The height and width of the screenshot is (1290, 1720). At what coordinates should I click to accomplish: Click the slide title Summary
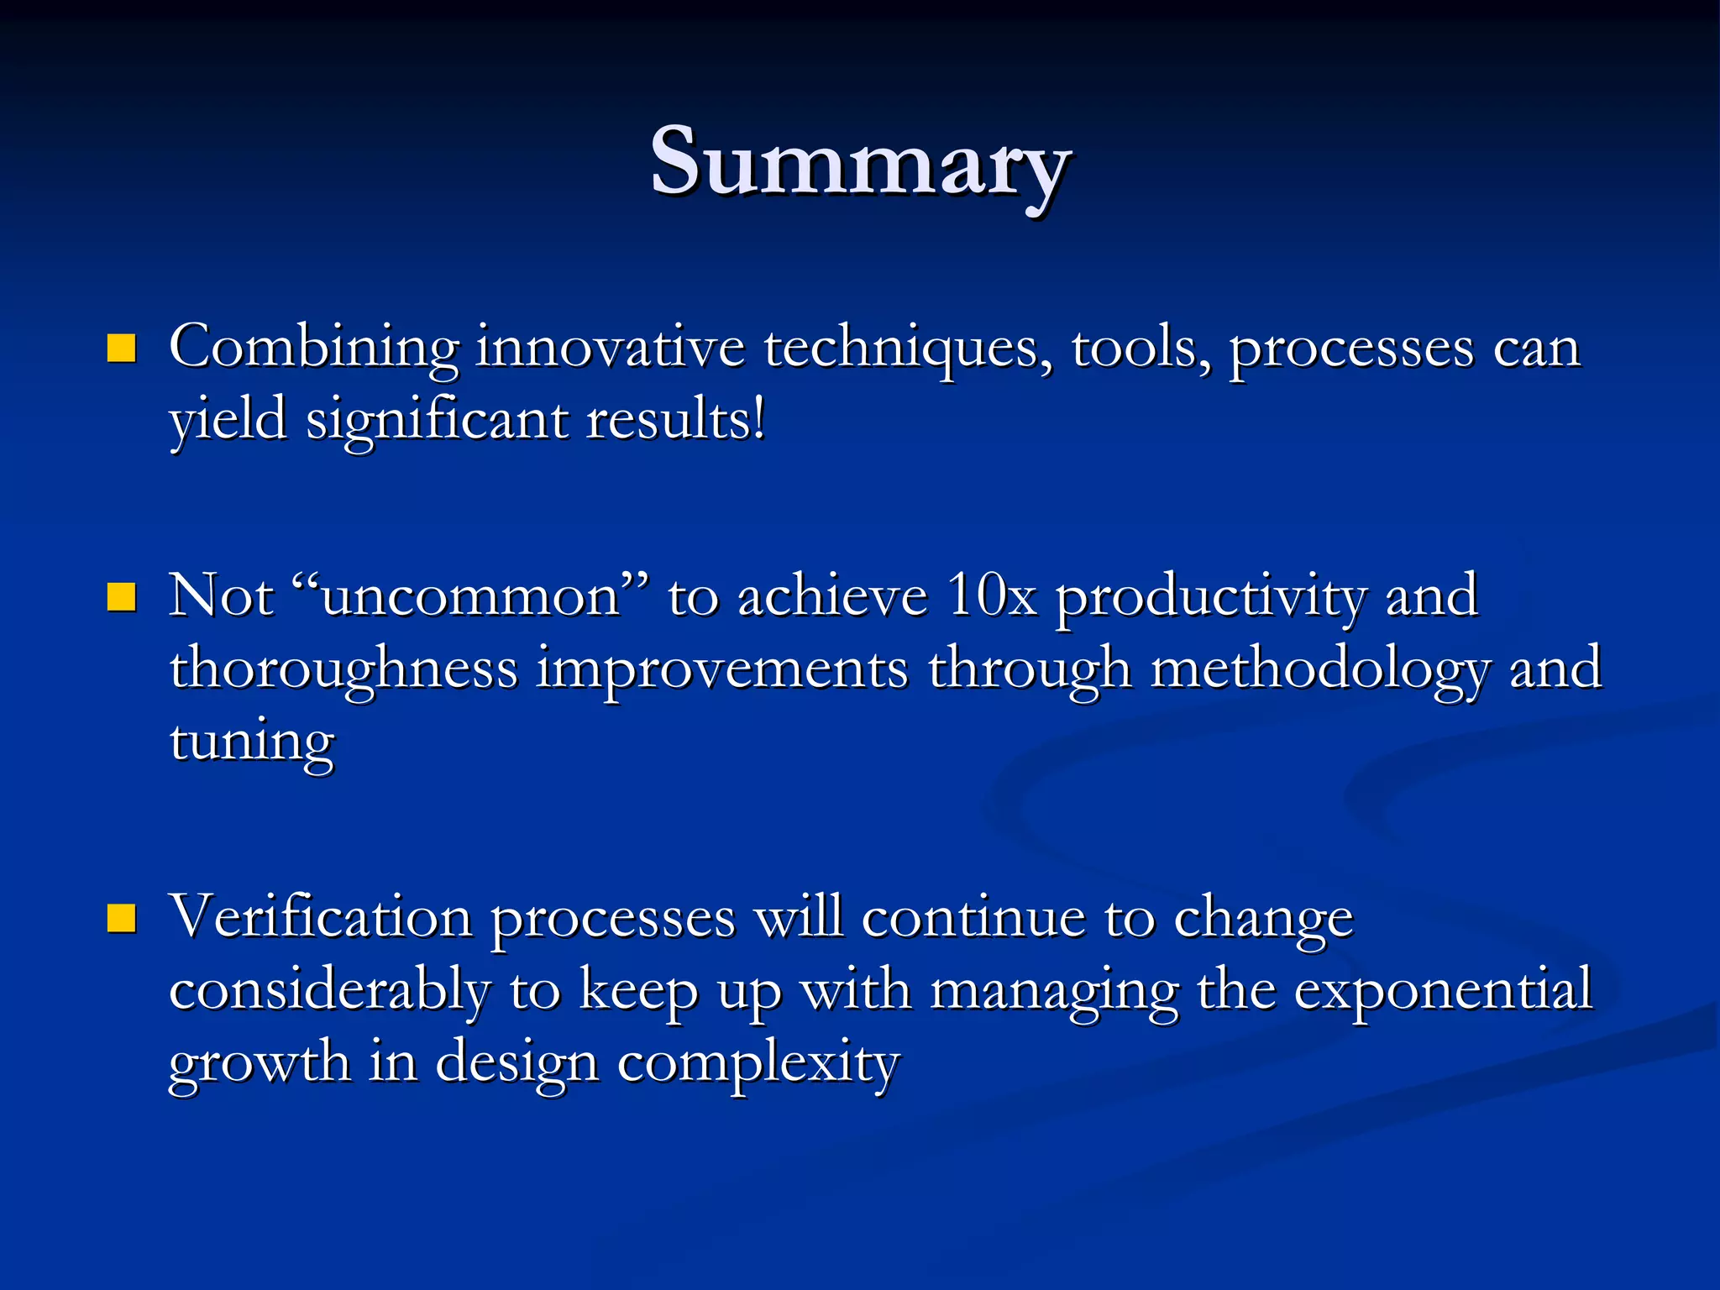(x=860, y=161)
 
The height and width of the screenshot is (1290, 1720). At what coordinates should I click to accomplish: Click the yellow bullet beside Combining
(x=122, y=348)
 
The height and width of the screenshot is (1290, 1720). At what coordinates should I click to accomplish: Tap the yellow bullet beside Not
(x=122, y=597)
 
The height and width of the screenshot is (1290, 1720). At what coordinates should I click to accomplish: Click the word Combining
(x=314, y=348)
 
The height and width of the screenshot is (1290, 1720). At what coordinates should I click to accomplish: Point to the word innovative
(x=611, y=346)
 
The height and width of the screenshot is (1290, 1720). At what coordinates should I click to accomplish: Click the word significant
(x=437, y=420)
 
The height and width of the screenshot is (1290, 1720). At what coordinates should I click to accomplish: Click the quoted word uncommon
(x=470, y=596)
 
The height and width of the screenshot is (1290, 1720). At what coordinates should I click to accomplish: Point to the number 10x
(x=991, y=596)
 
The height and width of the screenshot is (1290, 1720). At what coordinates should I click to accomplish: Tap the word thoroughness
(x=343, y=670)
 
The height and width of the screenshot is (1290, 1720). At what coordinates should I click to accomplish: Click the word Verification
(x=321, y=917)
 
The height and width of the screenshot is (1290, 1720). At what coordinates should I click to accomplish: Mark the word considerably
(x=329, y=991)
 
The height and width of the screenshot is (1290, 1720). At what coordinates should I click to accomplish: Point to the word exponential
(x=1442, y=991)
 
